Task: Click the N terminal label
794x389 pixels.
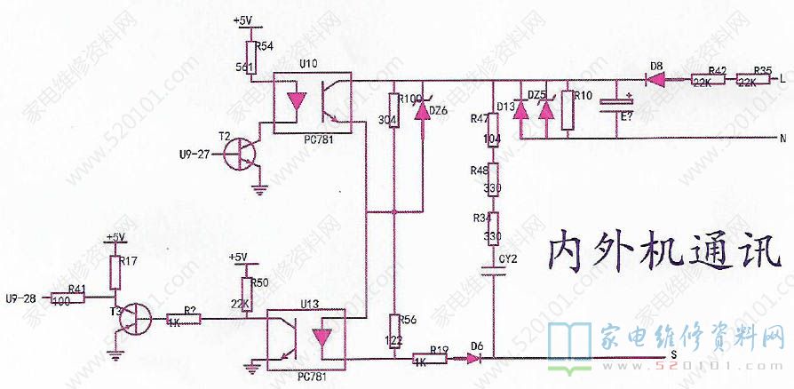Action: (x=782, y=139)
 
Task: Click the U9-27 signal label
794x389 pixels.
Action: (x=194, y=154)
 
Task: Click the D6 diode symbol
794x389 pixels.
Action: (x=478, y=359)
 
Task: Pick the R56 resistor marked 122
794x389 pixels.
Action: (x=393, y=333)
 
